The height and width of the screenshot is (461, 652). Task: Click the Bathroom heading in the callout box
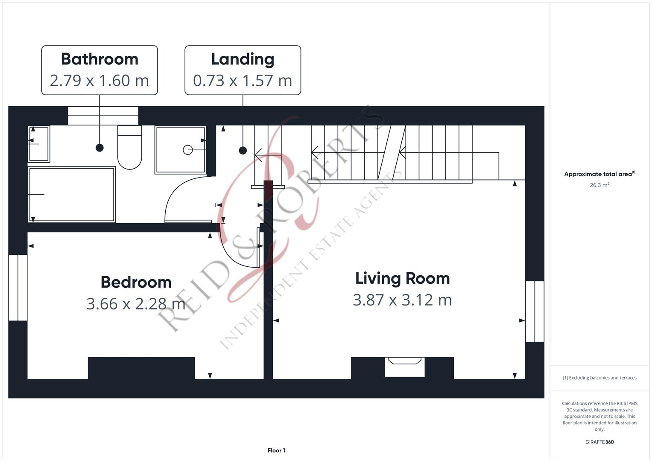pos(99,59)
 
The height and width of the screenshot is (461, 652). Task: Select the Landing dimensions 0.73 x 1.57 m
pos(243,81)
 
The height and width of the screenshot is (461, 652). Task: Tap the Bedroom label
pos(136,282)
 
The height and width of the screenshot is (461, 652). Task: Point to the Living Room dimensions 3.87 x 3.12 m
pos(402,300)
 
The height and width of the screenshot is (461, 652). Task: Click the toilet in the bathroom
pos(129,147)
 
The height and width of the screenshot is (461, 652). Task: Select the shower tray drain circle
pos(187,150)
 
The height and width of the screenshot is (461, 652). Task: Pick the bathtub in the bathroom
pos(72,195)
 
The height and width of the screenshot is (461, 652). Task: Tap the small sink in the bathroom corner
pos(39,144)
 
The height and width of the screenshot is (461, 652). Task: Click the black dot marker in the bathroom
pos(99,148)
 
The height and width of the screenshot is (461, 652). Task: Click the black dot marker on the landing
pos(243,150)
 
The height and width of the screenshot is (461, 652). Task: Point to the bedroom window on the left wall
pos(18,288)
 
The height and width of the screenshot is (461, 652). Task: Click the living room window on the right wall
pos(535,311)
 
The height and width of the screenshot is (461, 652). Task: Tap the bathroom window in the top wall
pos(103,116)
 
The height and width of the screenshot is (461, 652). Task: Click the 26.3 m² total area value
pos(599,185)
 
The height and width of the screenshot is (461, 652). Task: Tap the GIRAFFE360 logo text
pos(599,442)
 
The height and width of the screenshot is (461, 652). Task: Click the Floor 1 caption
pos(276,450)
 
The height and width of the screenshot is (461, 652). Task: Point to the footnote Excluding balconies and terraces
pos(599,378)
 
